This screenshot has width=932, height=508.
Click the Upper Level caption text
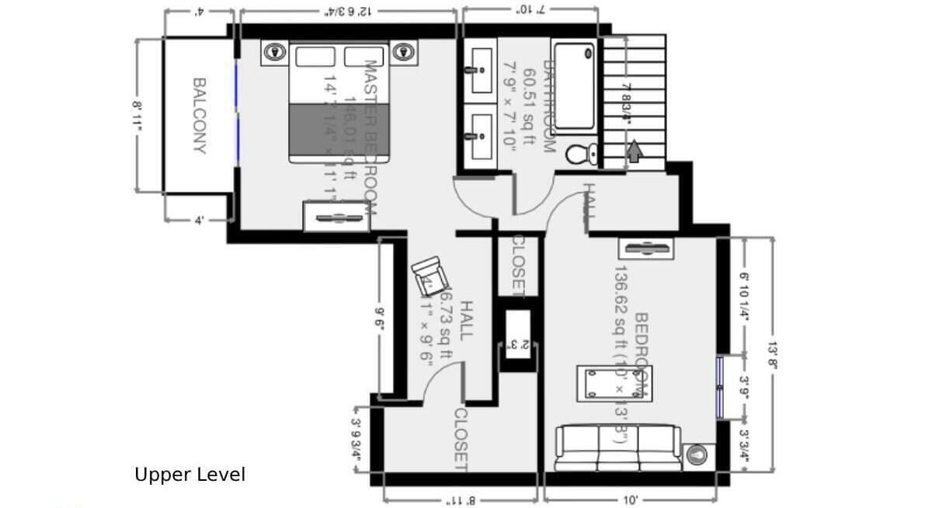tap(190, 475)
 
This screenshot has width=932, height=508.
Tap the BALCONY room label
tap(200, 115)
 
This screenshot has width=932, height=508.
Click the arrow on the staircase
tap(635, 151)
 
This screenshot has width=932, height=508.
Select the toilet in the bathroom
tap(582, 153)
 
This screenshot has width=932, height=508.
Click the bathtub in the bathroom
tap(576, 86)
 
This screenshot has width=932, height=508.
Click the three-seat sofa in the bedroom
tap(618, 447)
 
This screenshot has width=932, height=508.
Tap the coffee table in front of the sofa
tap(614, 383)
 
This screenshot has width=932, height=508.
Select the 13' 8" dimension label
tap(772, 353)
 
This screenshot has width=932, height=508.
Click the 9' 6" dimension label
tap(381, 318)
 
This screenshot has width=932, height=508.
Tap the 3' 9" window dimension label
tap(744, 387)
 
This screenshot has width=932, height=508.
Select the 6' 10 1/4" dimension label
tap(744, 295)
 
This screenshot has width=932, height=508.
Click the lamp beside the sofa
tap(698, 454)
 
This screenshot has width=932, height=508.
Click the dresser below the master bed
tap(336, 216)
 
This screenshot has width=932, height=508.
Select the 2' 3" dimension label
tap(515, 343)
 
